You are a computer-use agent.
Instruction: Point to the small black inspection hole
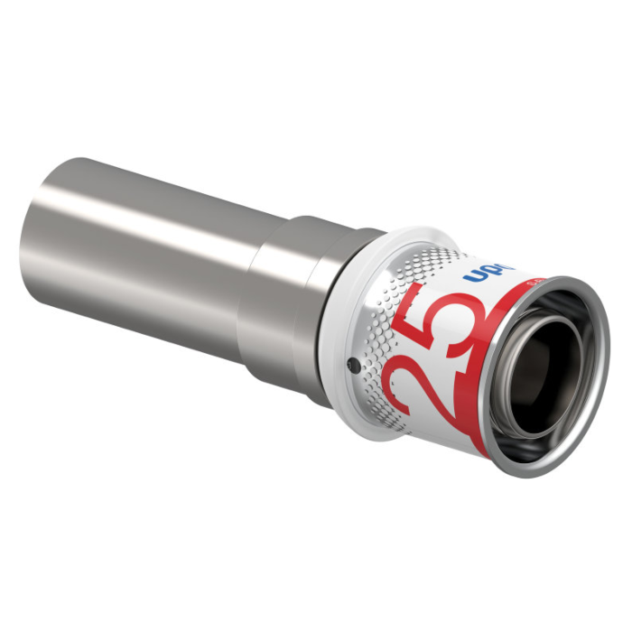pos(351,365)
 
